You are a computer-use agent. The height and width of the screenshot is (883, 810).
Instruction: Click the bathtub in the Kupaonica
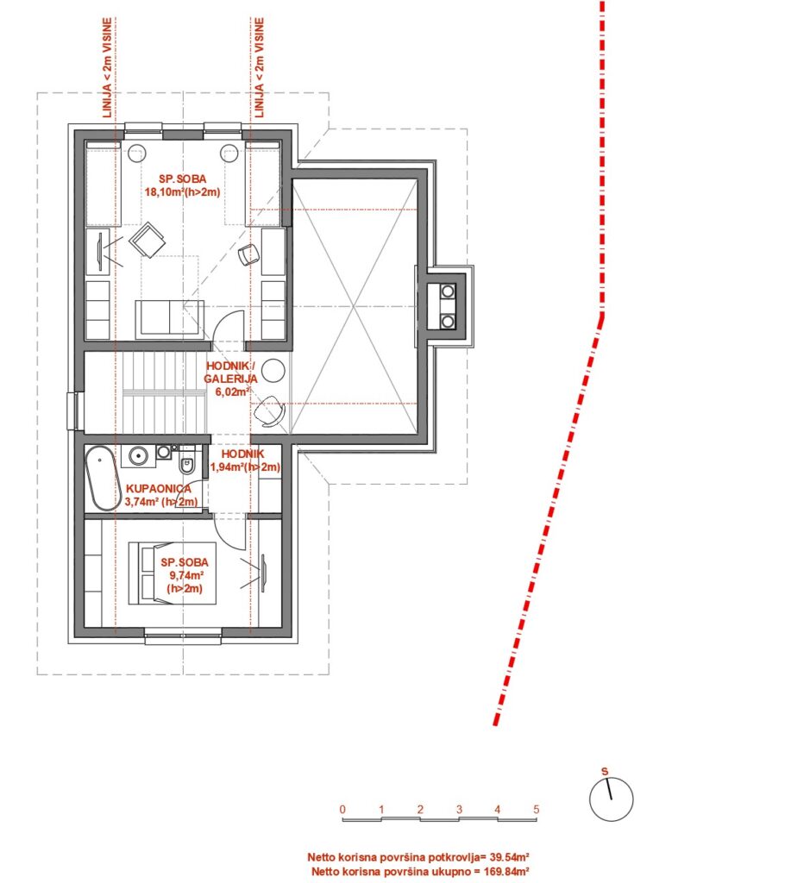click(102, 479)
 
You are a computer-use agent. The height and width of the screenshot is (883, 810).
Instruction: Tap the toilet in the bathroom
click(187, 464)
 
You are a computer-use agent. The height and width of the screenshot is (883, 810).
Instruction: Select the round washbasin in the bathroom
click(136, 455)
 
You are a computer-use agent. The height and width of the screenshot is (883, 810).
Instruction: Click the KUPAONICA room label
click(158, 489)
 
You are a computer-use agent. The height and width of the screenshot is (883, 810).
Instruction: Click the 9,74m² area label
click(185, 575)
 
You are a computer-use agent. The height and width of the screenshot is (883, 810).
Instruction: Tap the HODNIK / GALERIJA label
click(230, 373)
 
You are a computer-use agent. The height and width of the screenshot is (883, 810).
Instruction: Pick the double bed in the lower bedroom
click(173, 573)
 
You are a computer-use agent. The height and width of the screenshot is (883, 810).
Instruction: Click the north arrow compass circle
click(611, 799)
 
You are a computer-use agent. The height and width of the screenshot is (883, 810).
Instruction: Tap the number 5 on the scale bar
click(537, 809)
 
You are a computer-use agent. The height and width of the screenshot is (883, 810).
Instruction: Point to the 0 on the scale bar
click(342, 809)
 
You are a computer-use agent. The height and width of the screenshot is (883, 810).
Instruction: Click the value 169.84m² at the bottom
click(505, 872)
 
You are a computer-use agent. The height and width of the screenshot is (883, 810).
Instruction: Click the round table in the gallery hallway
click(273, 371)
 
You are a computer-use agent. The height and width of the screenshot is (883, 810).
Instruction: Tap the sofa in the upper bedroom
click(169, 319)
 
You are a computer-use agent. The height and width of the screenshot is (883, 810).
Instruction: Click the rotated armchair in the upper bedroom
click(148, 240)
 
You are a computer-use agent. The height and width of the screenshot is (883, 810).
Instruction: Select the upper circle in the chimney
click(448, 291)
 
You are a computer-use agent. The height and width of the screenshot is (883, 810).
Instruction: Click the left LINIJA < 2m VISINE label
click(108, 67)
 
